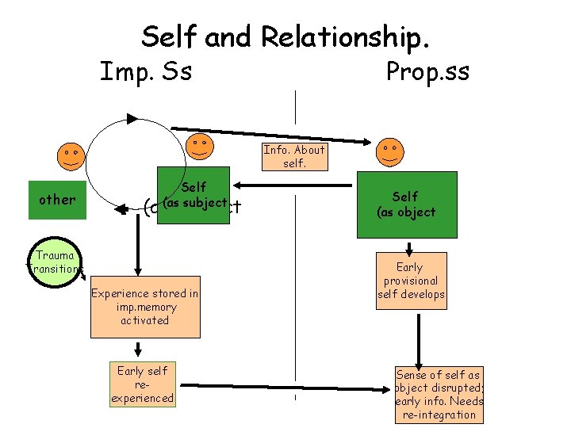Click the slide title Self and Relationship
coord(286,36)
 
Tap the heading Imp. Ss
coord(145,72)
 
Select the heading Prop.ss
coord(427,72)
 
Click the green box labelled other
coord(57,199)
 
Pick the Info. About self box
coord(294,157)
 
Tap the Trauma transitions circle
coord(55,262)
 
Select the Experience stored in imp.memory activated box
coord(145,308)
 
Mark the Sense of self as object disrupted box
coord(439,395)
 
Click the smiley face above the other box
coord(71,154)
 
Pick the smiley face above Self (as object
coord(389,151)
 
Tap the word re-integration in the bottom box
coord(439,415)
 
